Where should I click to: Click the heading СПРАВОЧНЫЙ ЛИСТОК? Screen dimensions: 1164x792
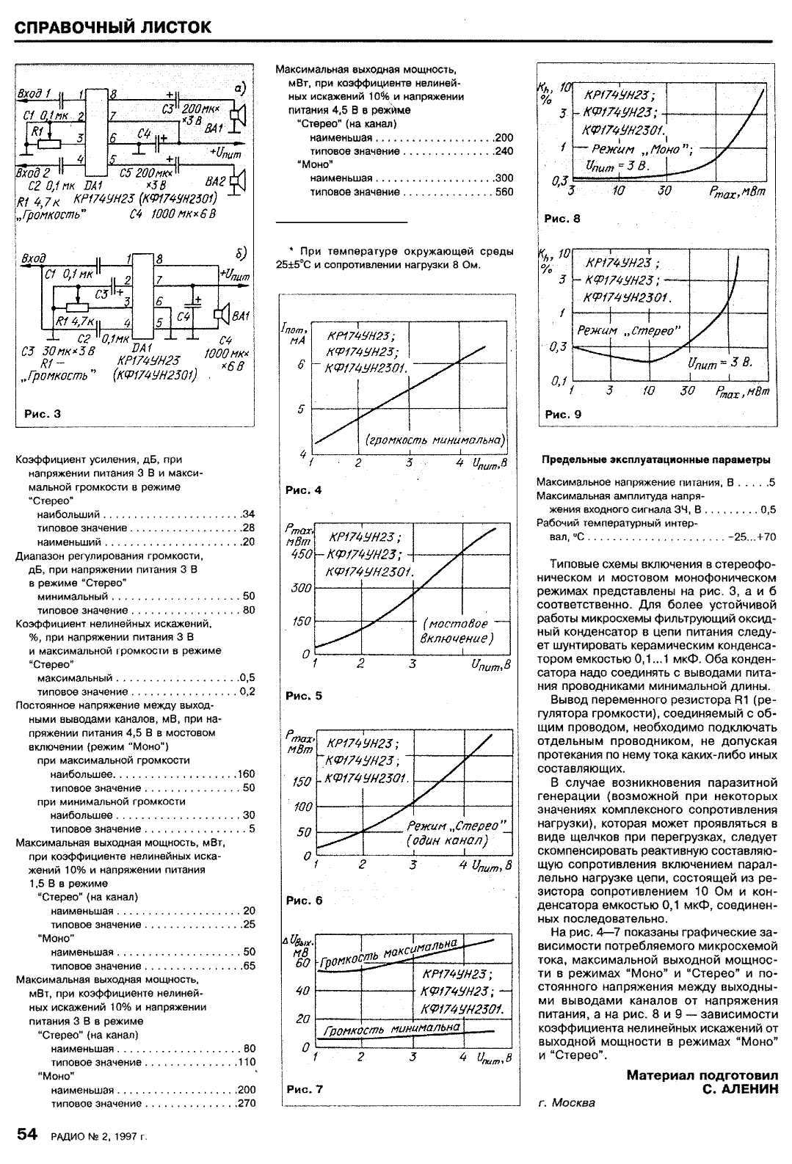(x=114, y=27)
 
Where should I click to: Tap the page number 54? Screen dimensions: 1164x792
(x=26, y=1135)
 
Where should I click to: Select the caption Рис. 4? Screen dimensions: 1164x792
(x=303, y=490)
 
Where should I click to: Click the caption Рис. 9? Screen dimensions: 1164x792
(x=563, y=414)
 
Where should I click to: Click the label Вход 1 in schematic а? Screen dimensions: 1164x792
(x=34, y=94)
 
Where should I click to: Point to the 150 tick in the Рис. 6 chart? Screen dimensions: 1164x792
(x=302, y=782)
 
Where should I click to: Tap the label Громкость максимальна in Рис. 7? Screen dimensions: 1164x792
(x=389, y=955)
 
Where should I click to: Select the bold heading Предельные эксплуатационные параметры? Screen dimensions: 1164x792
(x=656, y=460)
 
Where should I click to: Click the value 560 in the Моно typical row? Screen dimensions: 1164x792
(x=504, y=192)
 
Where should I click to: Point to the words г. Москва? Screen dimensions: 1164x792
(x=566, y=1103)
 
